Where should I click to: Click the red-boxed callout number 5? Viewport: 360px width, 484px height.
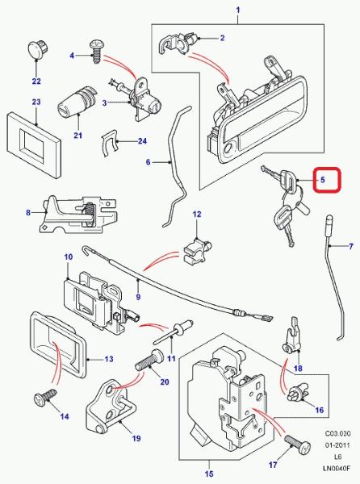[x=323, y=180]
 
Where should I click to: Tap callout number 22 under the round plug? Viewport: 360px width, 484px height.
[x=36, y=81]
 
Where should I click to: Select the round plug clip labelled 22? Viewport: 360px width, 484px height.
[x=37, y=48]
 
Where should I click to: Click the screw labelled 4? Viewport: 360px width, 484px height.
[x=96, y=52]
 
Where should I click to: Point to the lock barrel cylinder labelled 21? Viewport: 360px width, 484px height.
[x=77, y=101]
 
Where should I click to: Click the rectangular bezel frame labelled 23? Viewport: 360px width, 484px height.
[x=33, y=144]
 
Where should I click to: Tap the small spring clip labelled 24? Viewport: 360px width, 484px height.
[x=109, y=143]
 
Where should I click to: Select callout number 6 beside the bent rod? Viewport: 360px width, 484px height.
[x=149, y=162]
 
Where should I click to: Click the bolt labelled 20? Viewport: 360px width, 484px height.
[x=150, y=361]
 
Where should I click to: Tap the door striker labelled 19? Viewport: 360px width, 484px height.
[x=111, y=407]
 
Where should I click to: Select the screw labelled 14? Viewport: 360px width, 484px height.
[x=45, y=396]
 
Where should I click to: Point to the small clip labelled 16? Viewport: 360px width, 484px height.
[x=296, y=394]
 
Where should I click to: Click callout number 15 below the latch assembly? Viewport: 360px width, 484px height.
[x=209, y=474]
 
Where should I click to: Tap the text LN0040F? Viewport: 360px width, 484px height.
[x=337, y=468]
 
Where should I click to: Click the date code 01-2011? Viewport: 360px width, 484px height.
[x=337, y=445]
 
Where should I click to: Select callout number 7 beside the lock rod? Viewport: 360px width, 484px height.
[x=351, y=247]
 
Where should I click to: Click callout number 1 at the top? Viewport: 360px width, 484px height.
[x=238, y=10]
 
